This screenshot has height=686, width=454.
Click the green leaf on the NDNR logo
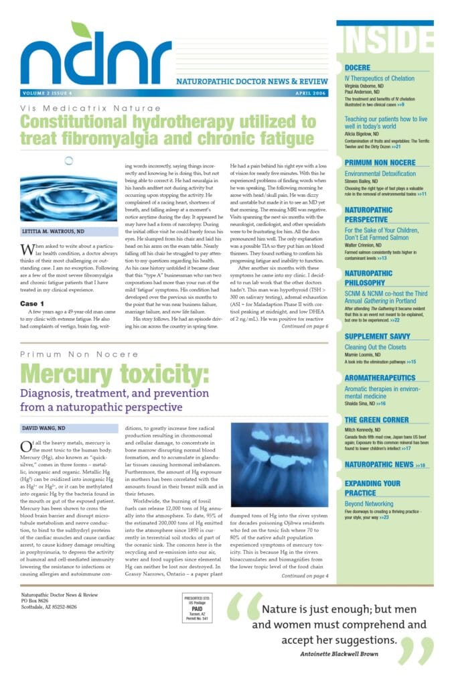(x=82, y=31)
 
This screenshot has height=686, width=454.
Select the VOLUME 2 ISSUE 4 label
(x=48, y=92)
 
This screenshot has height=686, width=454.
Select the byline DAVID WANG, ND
(x=43, y=427)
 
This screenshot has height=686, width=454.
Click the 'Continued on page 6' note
(x=305, y=326)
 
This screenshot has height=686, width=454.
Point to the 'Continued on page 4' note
(x=305, y=575)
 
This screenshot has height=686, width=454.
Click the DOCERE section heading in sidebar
(x=361, y=68)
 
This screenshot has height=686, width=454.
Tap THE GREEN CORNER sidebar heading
(x=376, y=420)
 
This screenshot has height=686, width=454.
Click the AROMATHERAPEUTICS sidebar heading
(x=380, y=378)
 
